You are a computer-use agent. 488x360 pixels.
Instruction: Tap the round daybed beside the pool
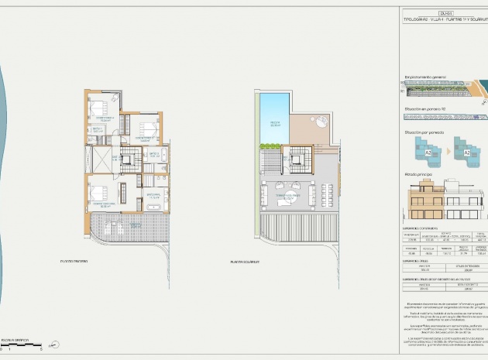tap(320, 120)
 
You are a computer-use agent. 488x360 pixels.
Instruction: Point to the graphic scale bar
tap(16, 345)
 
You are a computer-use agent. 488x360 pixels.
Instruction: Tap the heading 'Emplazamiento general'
tap(425, 77)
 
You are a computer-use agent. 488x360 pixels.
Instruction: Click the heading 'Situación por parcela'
tap(425, 132)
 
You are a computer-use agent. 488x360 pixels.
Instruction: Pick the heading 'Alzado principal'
tap(419, 175)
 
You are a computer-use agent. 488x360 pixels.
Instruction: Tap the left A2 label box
tap(427, 153)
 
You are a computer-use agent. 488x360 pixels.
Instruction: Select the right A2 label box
tap(467, 153)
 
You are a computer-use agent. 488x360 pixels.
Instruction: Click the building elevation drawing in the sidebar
tap(444, 203)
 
